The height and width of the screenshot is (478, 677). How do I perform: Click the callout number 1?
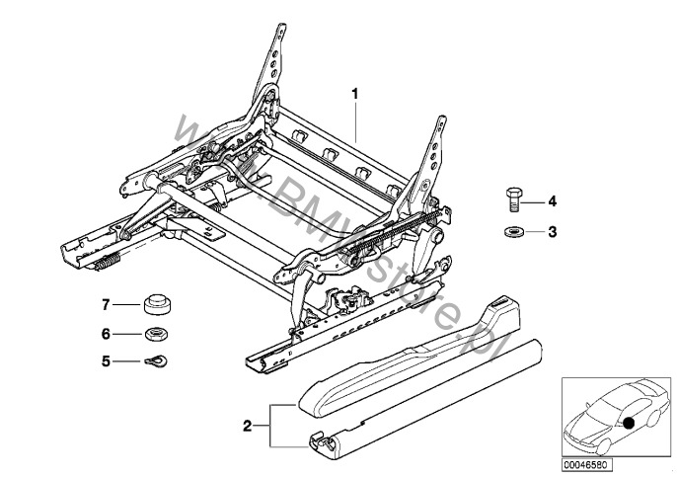pos(355,94)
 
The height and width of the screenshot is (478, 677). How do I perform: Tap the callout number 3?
pos(553,232)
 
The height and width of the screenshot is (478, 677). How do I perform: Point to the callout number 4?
pos(553,202)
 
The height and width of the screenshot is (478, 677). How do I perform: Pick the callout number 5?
pos(106,359)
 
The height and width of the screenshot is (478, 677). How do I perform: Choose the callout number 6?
pos(106,334)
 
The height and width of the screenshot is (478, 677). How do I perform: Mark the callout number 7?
pos(106,303)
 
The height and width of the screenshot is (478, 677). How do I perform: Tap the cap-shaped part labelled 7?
pos(154,302)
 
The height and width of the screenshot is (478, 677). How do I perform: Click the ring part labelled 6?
pos(154,334)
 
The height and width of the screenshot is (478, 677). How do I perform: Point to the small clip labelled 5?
pos(154,359)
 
